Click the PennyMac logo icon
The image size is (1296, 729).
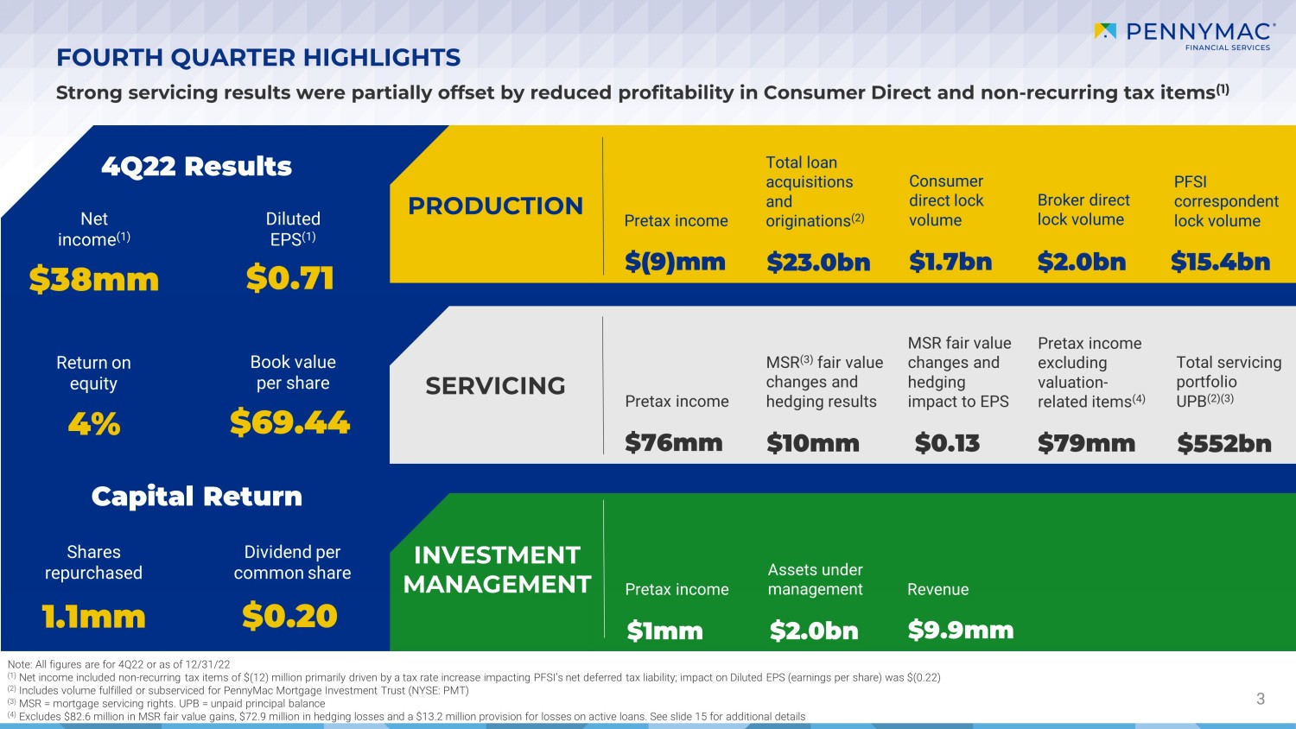[x=1105, y=31]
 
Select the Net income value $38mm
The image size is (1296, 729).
[x=94, y=279]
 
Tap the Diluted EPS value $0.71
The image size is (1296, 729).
[x=289, y=278]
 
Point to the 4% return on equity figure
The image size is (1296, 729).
[x=94, y=423]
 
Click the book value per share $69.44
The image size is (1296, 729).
[x=289, y=422]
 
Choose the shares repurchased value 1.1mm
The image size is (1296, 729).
[x=94, y=617]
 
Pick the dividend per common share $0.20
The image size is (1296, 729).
[x=289, y=616]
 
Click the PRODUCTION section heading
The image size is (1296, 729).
[x=495, y=206]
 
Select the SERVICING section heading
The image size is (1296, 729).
[x=495, y=385]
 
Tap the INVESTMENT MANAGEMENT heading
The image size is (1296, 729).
[x=497, y=569]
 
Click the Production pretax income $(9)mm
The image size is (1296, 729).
[x=675, y=262]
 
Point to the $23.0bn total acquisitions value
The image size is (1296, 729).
[x=818, y=262]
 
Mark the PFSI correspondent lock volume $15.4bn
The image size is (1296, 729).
[x=1220, y=262]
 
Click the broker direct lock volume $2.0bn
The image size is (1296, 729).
[x=1082, y=262]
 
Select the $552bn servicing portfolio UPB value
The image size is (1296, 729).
[x=1224, y=443]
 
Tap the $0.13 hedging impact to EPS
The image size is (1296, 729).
[x=947, y=443]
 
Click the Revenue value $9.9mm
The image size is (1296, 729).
[x=960, y=630]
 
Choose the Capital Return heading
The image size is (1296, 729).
[x=197, y=496]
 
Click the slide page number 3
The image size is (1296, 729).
[x=1261, y=699]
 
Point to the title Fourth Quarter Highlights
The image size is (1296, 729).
[x=258, y=57]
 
